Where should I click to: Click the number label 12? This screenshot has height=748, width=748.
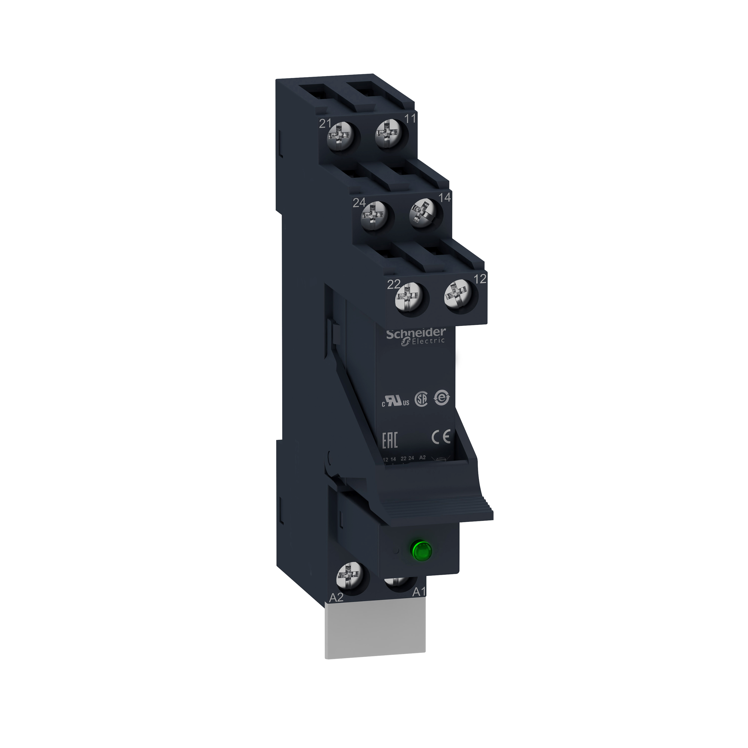(480, 279)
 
